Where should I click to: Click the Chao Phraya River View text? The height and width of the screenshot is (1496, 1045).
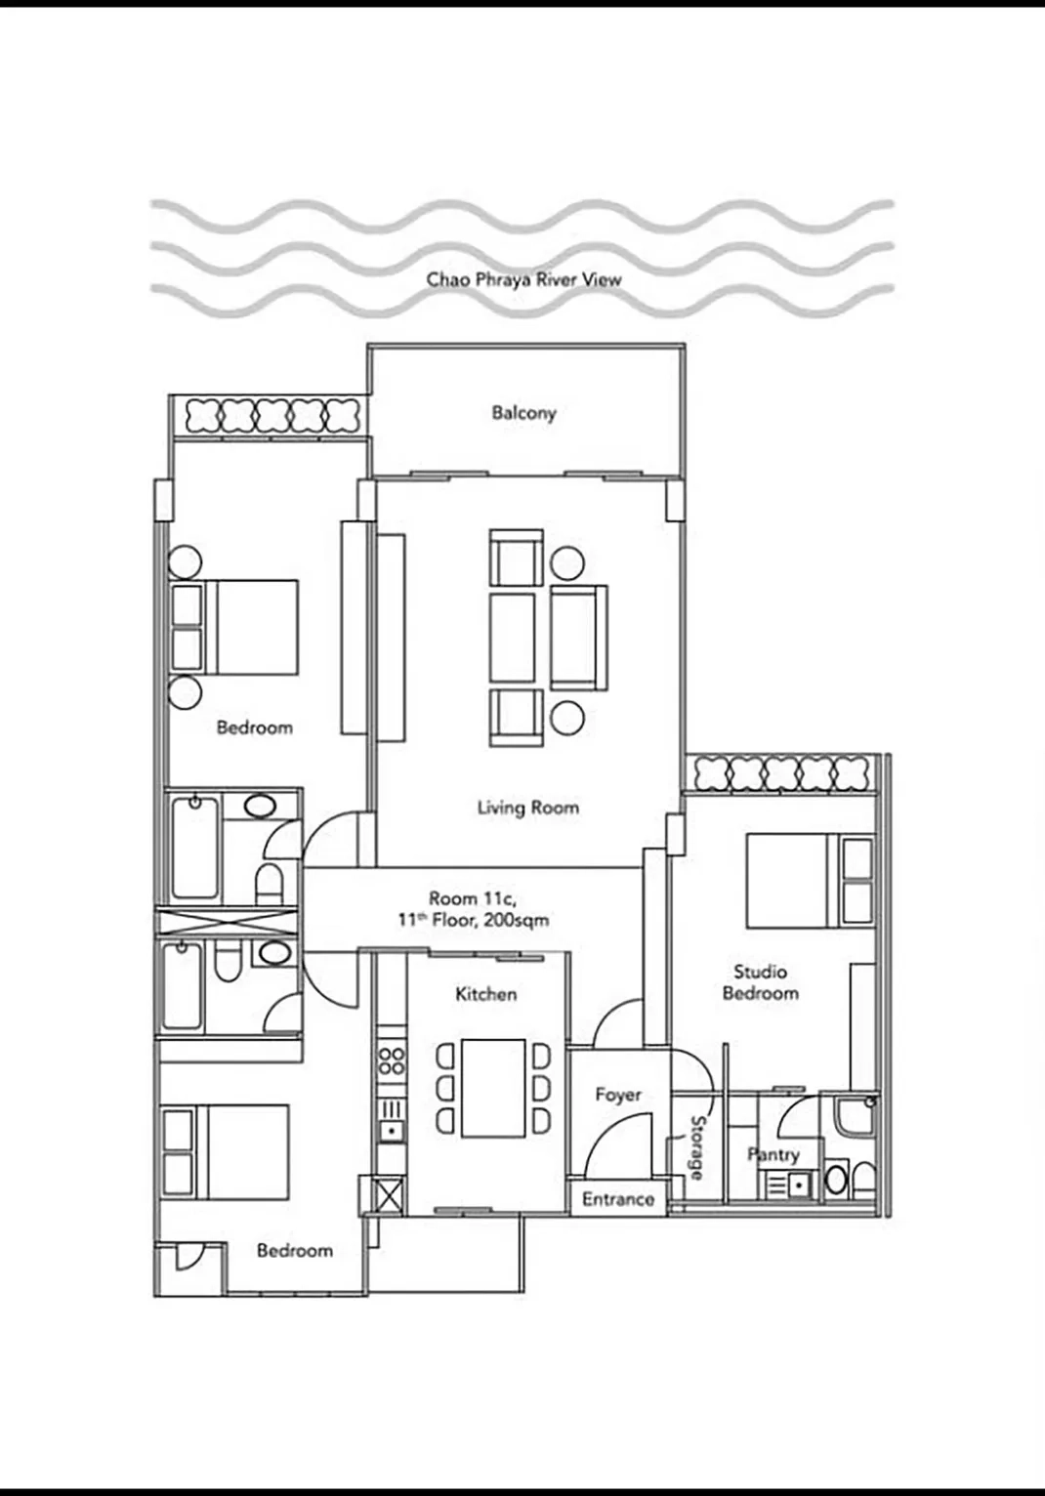point(523,279)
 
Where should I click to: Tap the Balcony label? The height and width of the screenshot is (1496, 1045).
point(523,413)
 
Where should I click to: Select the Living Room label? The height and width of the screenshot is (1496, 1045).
point(527,808)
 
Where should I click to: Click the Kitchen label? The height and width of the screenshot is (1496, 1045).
point(485,994)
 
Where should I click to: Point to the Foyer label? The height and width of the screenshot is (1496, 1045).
point(618,1095)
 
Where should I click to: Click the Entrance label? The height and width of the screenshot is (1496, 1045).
point(617,1199)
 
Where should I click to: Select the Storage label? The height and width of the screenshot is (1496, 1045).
point(696,1148)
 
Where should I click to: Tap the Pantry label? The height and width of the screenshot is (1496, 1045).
point(773,1154)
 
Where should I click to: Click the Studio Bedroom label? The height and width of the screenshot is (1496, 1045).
point(760,982)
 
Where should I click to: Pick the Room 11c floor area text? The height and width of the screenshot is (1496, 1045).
point(473,909)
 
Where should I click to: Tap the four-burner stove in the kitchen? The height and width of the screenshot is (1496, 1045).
point(392,1060)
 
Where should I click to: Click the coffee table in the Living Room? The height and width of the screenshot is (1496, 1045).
point(513,639)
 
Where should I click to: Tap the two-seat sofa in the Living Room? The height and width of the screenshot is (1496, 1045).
point(577,637)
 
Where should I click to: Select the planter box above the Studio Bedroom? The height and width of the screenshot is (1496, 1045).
point(783,773)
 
